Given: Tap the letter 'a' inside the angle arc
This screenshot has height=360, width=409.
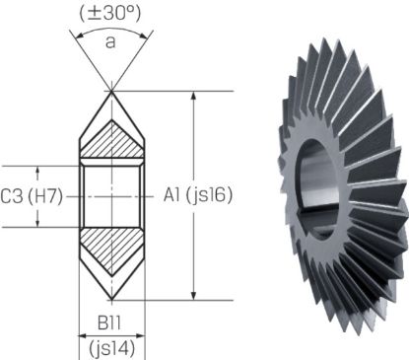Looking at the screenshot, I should click(111, 42).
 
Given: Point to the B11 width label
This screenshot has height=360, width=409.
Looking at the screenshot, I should click(111, 323).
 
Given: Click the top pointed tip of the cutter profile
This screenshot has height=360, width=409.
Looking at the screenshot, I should click(111, 92).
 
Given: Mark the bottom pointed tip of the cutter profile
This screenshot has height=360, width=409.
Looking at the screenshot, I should click(111, 299).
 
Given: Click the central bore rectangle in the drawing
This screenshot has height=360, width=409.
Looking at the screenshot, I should click(111, 195).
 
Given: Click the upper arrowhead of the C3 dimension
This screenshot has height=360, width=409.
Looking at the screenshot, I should click(39, 169).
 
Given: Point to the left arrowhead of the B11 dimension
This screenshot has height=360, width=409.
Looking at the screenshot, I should click(82, 333).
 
